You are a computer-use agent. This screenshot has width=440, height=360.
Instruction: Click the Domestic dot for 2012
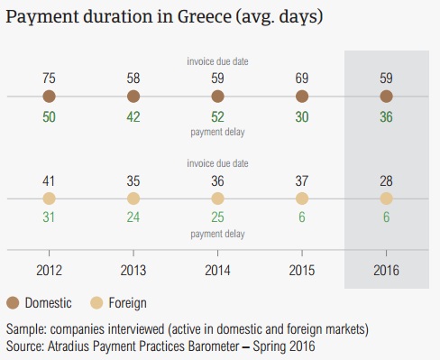click(49, 97)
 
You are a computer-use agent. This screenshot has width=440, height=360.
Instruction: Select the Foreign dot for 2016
click(386, 198)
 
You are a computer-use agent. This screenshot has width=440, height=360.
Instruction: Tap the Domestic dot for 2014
click(217, 97)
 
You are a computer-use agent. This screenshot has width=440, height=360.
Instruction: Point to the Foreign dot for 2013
click(133, 198)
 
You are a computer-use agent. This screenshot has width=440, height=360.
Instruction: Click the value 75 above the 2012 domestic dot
click(49, 78)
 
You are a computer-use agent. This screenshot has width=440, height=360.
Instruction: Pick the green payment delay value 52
click(217, 117)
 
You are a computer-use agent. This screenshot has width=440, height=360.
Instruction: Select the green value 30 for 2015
click(302, 117)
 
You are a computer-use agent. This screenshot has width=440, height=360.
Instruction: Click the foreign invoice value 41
click(49, 181)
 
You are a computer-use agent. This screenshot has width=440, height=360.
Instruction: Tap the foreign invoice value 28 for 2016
click(386, 181)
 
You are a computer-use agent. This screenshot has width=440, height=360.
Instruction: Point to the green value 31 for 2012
click(49, 217)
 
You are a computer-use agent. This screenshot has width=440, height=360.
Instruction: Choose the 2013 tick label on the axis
click(133, 270)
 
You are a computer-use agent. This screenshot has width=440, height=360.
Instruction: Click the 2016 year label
click(386, 270)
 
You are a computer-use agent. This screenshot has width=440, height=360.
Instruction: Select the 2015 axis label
click(302, 270)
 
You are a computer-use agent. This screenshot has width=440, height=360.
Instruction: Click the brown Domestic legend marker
click(13, 303)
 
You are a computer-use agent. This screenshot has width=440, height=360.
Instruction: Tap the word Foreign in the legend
click(128, 303)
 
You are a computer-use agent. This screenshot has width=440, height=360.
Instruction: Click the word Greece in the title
click(205, 16)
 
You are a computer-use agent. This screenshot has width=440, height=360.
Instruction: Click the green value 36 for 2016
click(386, 117)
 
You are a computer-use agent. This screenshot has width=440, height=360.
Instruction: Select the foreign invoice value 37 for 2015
click(302, 181)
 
